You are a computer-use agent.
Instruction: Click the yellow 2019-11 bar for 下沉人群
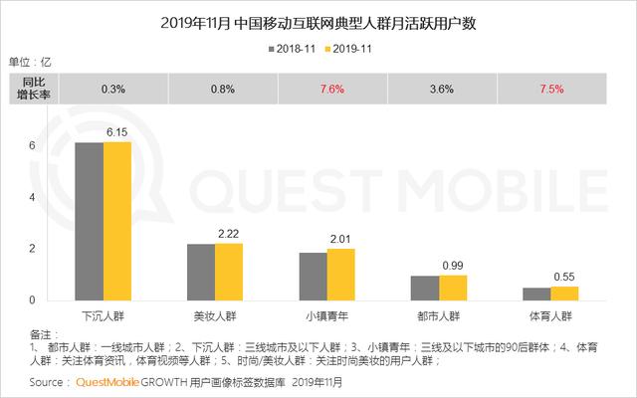point(117,221)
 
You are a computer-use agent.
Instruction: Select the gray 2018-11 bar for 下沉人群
point(90,221)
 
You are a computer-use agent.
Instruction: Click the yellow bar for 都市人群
point(453,287)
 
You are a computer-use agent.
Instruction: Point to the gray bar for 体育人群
point(536,294)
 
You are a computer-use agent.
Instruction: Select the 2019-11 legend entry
point(349,47)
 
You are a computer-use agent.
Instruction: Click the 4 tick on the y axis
point(32,196)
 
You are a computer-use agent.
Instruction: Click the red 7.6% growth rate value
point(327,89)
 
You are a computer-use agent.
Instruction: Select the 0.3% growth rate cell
point(113,89)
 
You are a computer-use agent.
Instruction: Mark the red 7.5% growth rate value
point(550,89)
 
